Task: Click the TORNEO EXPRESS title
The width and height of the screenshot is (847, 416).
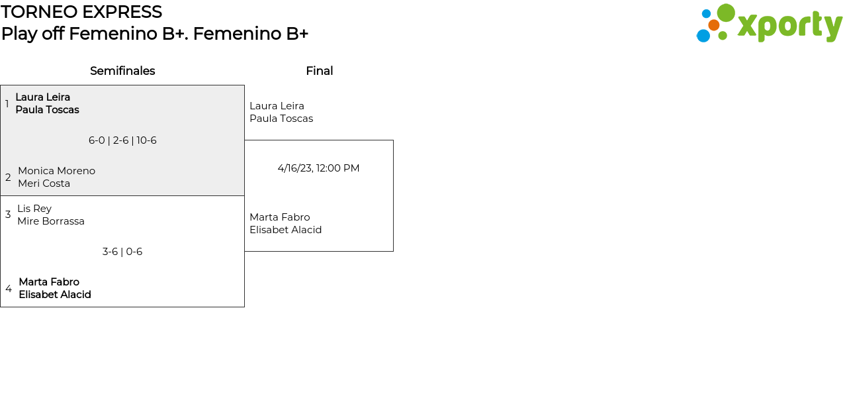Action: click(x=81, y=12)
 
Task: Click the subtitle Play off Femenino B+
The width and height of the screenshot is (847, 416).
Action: click(x=154, y=34)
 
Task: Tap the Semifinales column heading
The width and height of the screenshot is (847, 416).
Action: click(x=122, y=71)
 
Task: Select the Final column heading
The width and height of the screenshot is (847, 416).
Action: click(x=319, y=71)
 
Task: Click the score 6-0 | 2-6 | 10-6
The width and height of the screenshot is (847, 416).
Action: click(x=122, y=140)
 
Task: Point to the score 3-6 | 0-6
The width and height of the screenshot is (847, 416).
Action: click(x=122, y=252)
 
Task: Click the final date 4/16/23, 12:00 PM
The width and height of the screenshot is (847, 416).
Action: click(x=318, y=168)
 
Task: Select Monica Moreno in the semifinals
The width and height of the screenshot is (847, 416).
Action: click(x=56, y=171)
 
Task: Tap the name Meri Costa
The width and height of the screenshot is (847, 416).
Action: click(x=44, y=183)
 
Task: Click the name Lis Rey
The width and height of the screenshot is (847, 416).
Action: click(x=34, y=209)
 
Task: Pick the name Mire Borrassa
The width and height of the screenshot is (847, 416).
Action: click(x=51, y=221)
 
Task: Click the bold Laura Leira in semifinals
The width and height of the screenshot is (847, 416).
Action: click(x=42, y=97)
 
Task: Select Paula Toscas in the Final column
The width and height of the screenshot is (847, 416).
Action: click(x=281, y=119)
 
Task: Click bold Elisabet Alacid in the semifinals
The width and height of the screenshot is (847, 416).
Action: click(x=55, y=295)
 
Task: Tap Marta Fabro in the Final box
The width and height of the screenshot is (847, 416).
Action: click(x=279, y=217)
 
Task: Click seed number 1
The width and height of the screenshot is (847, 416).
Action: click(x=7, y=104)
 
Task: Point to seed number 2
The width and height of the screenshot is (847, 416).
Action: click(x=8, y=178)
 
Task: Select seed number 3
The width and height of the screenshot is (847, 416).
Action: click(x=8, y=215)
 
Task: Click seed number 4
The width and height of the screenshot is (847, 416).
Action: click(x=9, y=289)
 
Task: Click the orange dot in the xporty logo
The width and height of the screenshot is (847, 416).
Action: click(x=713, y=25)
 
